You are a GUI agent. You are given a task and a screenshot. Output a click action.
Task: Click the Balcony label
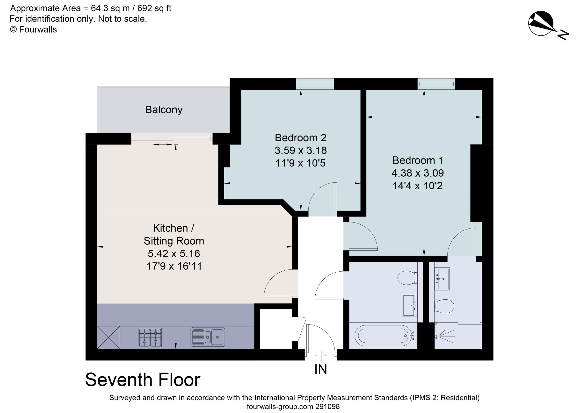(164, 110)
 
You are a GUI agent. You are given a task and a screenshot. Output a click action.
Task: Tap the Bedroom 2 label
(300, 138)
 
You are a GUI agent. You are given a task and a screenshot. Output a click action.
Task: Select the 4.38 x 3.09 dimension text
(418, 173)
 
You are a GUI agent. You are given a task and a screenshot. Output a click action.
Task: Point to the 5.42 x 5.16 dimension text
(174, 254)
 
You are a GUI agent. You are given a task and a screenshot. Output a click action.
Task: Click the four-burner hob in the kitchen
(150, 337)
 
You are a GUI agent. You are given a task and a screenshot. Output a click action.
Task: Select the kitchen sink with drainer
(208, 337)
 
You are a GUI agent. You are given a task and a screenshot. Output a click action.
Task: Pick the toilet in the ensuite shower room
(444, 306)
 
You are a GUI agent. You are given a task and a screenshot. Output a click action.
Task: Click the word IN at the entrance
(320, 370)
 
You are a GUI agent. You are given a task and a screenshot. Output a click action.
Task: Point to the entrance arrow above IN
(320, 355)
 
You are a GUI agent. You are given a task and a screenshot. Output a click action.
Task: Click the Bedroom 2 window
(315, 84)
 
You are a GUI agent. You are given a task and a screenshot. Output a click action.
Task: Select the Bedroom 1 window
(436, 84)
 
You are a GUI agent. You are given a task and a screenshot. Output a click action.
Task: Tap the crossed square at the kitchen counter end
(109, 337)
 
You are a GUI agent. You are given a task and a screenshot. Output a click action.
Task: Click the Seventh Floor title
(143, 380)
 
